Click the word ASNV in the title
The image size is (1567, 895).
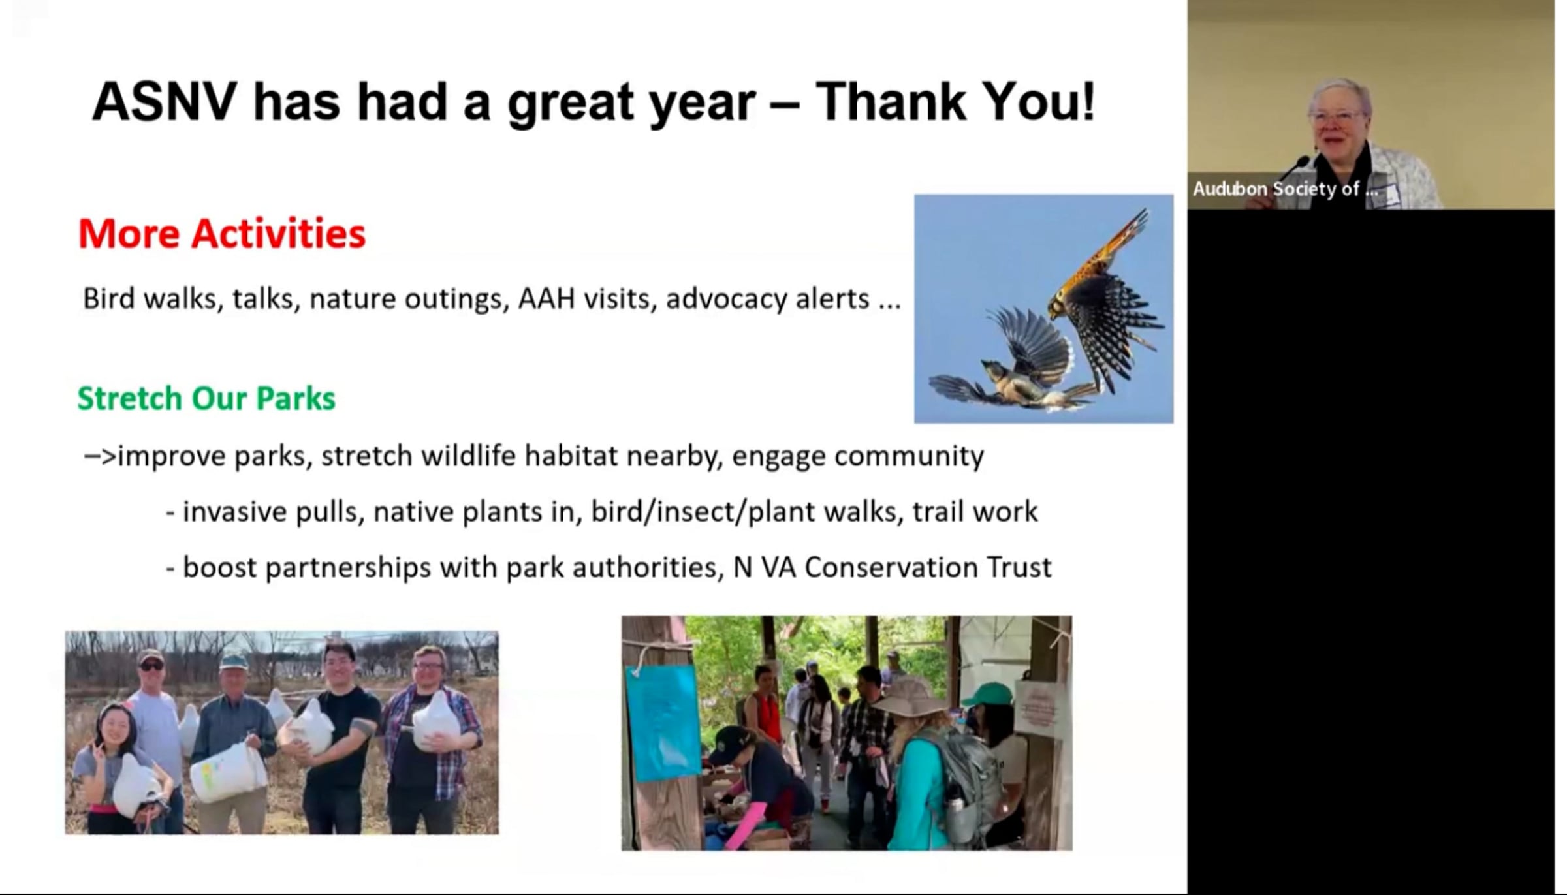pos(165,102)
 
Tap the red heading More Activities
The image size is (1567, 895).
pos(222,233)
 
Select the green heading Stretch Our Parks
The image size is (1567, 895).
pos(206,398)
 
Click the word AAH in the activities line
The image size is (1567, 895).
pos(546,299)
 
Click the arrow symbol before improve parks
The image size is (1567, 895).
pos(100,456)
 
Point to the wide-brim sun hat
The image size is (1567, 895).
pos(910,697)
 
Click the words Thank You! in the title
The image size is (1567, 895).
pos(956,102)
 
